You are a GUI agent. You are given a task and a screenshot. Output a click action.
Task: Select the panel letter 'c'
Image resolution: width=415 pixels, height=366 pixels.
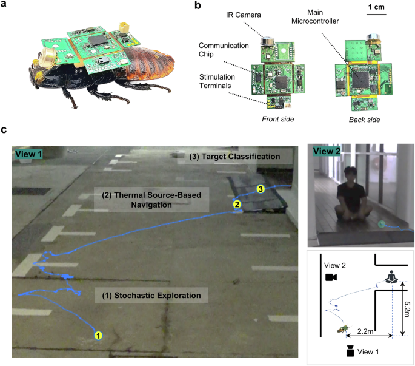[x=5, y=130]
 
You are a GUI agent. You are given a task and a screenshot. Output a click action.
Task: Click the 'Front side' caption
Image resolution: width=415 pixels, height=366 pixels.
[x=276, y=119]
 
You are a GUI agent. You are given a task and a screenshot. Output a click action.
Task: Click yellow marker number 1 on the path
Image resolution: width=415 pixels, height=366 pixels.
[x=99, y=334]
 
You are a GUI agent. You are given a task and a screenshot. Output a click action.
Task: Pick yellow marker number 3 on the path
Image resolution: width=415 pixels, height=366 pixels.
[x=261, y=189]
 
